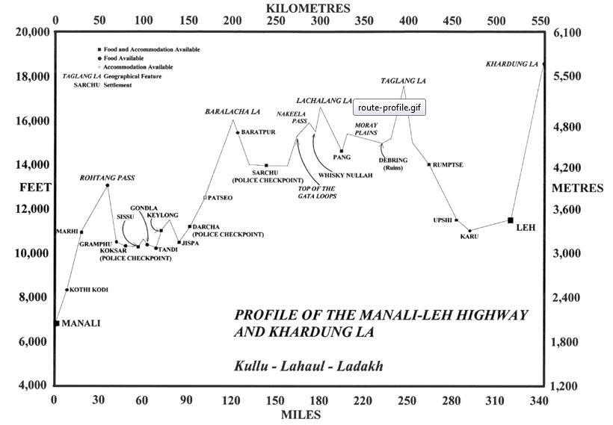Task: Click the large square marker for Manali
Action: pos(56,323)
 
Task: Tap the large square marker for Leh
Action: pos(511,220)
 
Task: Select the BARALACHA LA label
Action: pos(232,111)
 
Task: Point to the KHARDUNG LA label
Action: pos(512,64)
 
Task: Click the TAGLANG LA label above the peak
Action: pos(403,80)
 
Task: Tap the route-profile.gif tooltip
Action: pos(389,108)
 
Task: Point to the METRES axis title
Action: pos(577,188)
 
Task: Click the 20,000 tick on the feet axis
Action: pos(32,32)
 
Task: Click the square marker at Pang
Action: pos(342,152)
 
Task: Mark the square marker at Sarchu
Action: pos(266,165)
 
